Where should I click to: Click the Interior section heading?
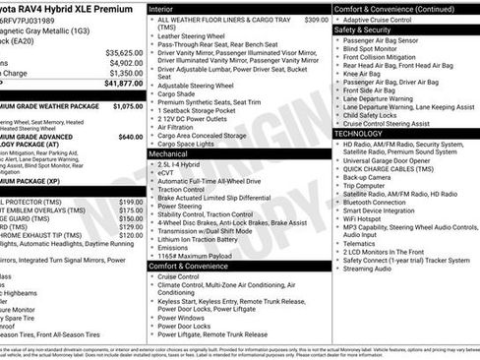tap(163, 8)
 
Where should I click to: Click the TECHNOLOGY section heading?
tap(359, 133)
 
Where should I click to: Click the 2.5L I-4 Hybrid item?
tap(182, 165)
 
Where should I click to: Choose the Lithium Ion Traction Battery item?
tap(200, 238)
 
